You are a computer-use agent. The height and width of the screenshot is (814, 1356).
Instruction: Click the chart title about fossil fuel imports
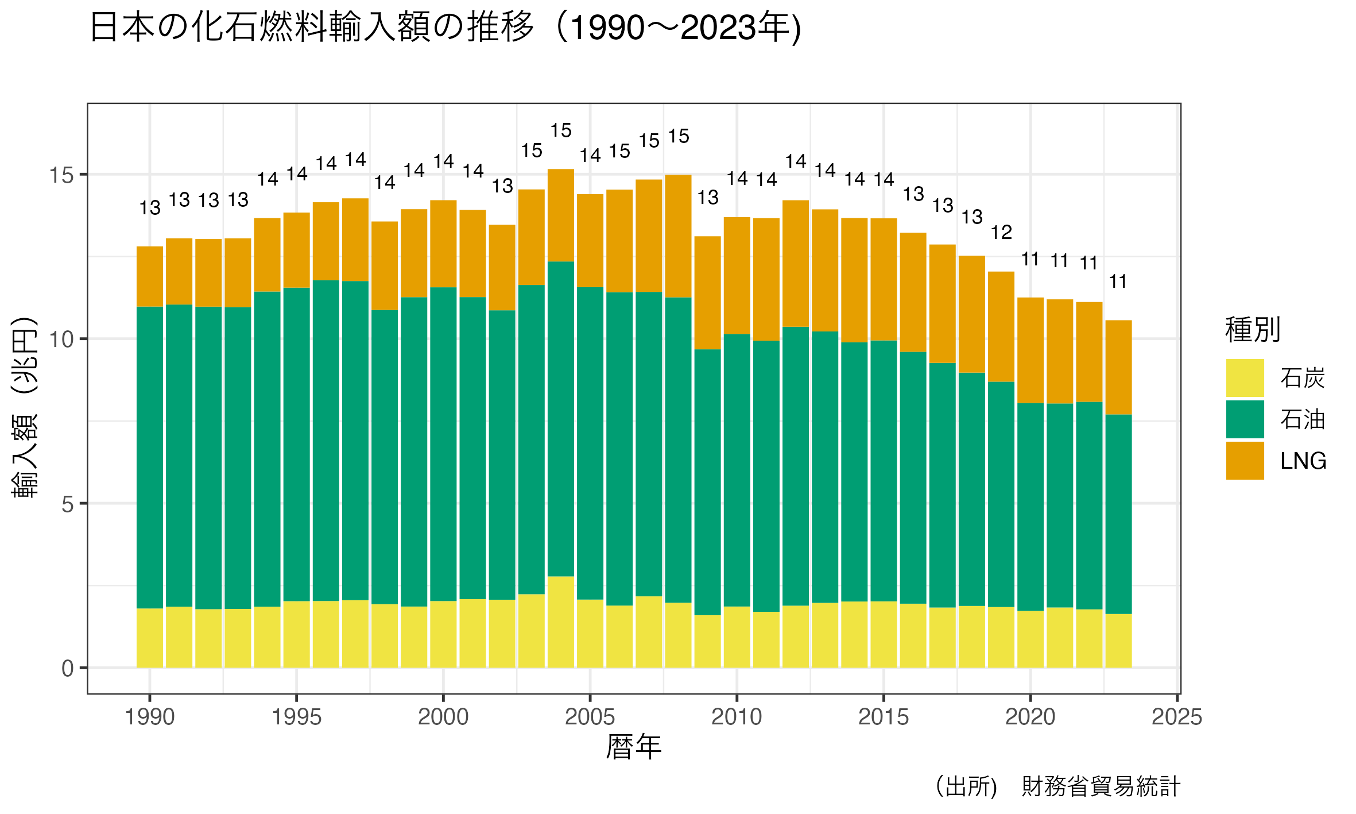point(445,28)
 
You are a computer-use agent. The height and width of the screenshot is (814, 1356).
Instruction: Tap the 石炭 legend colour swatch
point(1245,378)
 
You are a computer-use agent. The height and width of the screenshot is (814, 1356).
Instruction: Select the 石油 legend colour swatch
point(1245,419)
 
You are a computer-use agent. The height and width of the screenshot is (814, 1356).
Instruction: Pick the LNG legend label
point(1303,461)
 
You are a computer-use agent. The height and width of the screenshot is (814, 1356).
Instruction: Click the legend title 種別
point(1253,330)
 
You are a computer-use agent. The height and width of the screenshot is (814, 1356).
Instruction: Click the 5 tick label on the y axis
point(68,504)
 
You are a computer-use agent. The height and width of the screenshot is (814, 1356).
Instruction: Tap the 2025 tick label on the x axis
point(1177,717)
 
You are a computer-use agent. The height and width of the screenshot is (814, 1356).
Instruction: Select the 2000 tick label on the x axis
point(443,717)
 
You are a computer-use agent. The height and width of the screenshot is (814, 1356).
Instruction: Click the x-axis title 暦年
point(634,747)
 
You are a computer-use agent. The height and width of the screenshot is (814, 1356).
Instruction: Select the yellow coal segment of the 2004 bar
point(561,622)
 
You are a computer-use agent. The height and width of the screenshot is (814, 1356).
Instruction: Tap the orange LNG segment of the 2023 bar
point(1118,367)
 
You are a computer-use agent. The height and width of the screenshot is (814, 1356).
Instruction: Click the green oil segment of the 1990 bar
point(150,457)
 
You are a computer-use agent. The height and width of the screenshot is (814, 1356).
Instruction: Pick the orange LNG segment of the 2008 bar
point(679,236)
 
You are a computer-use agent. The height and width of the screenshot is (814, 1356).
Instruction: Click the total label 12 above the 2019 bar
point(1001,233)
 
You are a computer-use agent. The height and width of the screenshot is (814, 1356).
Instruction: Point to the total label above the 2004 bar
point(561,131)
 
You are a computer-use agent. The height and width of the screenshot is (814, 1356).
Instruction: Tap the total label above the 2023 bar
point(1118,282)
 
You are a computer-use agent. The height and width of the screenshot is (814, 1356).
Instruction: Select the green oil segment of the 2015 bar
point(884,471)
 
